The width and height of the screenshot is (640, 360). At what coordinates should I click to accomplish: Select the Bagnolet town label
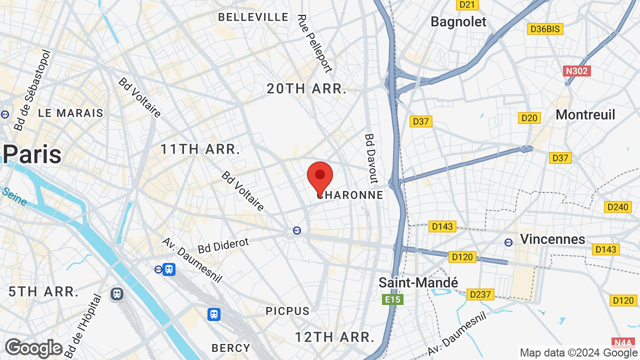click(x=458, y=22)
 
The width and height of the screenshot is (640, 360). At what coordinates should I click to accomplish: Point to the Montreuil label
click(x=585, y=114)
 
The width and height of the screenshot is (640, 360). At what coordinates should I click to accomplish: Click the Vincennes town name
click(x=552, y=239)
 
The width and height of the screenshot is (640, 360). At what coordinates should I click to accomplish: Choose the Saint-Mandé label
click(x=418, y=282)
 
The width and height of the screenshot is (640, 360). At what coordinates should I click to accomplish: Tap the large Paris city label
click(x=33, y=154)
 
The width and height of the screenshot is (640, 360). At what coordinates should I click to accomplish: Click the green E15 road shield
click(x=392, y=299)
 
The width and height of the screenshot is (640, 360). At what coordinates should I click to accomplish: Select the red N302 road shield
click(x=577, y=70)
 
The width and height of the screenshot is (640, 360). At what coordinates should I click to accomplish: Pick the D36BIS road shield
click(x=545, y=29)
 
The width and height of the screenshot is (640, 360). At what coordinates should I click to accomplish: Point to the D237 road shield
click(x=480, y=294)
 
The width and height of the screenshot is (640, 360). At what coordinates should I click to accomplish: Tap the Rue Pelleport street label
click(x=314, y=43)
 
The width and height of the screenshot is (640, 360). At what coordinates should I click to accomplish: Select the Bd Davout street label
click(x=371, y=158)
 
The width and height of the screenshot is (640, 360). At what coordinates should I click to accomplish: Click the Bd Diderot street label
click(x=223, y=245)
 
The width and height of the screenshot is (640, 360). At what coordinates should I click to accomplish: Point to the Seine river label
click(x=14, y=196)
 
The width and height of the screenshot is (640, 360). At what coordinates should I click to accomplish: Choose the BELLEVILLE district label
click(x=253, y=17)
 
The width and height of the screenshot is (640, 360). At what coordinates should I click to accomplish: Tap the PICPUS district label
click(x=287, y=311)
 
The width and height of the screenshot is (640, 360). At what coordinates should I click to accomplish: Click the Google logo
click(x=33, y=348)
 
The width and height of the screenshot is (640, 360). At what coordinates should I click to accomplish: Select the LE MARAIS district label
click(x=70, y=113)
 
